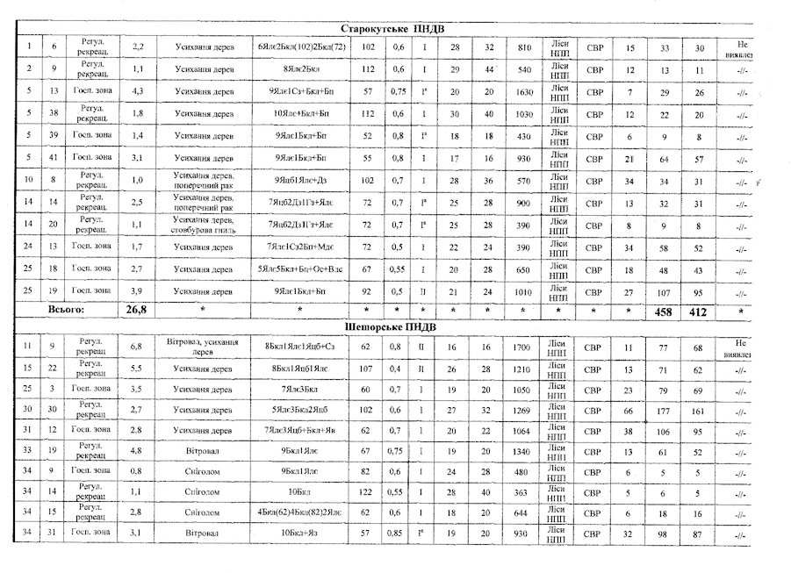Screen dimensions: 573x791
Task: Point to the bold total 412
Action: [699, 312]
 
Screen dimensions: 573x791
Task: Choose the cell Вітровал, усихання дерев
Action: [198, 347]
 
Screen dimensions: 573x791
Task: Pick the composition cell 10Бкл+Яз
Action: [299, 532]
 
